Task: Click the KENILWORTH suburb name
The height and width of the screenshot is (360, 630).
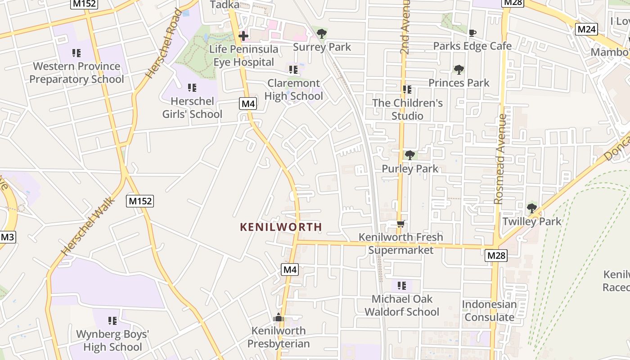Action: pos(281,227)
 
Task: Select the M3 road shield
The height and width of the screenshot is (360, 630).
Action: pos(7,237)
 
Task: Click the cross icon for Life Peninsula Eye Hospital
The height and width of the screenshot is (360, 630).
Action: pos(243,36)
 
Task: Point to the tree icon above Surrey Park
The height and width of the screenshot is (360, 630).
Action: pos(322,34)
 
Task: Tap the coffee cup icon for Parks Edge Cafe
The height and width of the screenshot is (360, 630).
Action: pos(472,33)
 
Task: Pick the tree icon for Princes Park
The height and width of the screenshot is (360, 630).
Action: pos(459,70)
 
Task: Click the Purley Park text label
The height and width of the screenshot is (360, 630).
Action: pos(409,169)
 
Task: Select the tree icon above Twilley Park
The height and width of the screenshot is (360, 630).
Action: pos(531,208)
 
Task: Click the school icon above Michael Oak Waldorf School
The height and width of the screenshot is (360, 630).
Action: pos(402,285)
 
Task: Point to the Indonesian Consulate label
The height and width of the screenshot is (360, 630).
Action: pos(489,310)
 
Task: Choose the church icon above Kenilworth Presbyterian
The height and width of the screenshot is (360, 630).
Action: pos(279,318)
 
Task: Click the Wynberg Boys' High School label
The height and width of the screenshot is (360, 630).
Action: pos(112,340)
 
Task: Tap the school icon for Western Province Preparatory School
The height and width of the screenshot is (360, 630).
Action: pos(76,53)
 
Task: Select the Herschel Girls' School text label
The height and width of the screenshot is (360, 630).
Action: pos(192,108)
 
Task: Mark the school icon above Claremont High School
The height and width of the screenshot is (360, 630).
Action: pos(293,70)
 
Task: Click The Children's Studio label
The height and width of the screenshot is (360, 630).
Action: pos(407,109)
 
